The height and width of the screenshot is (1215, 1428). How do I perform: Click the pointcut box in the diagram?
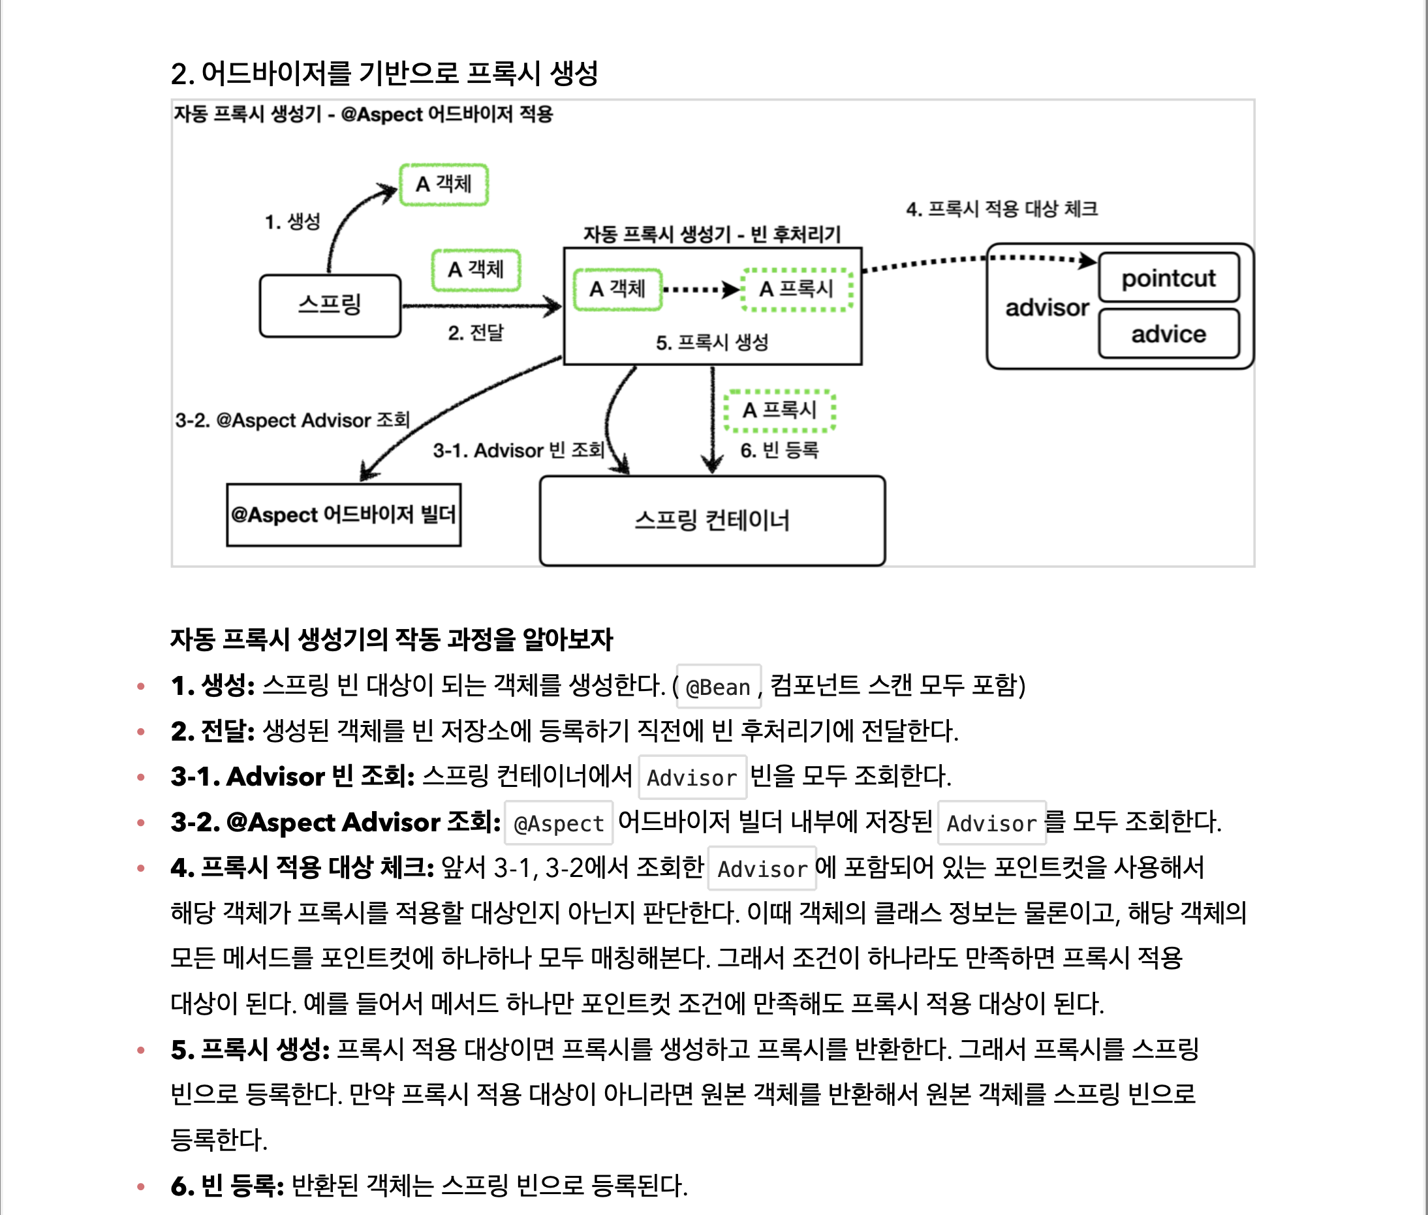click(1168, 277)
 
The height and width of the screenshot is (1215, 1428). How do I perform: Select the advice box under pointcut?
click(1168, 334)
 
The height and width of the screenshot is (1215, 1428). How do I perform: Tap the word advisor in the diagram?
click(1046, 307)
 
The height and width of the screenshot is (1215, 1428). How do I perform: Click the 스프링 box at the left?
click(330, 305)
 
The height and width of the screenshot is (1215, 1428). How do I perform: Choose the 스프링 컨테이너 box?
click(711, 520)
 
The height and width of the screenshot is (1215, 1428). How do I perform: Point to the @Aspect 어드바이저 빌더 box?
click(344, 514)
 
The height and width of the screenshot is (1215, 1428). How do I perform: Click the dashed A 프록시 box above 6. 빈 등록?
click(779, 410)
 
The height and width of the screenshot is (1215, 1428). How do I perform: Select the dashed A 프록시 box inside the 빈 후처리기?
click(796, 289)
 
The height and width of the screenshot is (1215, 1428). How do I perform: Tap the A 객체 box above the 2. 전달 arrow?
click(475, 269)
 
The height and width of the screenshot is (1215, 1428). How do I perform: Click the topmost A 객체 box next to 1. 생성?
click(444, 184)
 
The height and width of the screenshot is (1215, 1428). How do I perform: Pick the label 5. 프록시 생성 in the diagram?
click(711, 343)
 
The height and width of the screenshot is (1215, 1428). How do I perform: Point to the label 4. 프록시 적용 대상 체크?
click(1002, 209)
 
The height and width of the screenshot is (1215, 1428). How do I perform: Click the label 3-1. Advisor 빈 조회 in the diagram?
click(519, 450)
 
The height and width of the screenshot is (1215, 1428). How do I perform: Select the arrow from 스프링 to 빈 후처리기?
click(482, 307)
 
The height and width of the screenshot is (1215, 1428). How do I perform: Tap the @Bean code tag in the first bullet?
click(718, 686)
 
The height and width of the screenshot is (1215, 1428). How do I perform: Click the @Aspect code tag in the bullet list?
click(559, 823)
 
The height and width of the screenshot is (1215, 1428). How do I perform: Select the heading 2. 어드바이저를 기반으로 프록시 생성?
click(384, 73)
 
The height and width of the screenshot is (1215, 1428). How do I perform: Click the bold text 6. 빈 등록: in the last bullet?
click(227, 1186)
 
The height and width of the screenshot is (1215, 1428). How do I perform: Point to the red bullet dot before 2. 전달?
click(141, 731)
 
